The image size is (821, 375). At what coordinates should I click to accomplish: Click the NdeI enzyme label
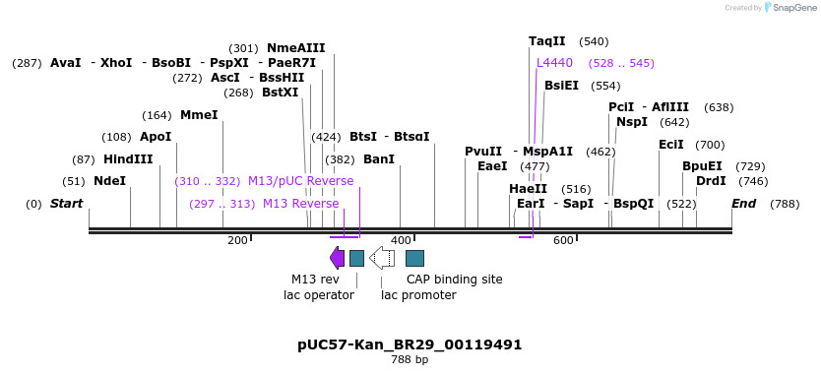point(109,181)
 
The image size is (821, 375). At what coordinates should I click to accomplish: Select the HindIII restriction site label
point(128,159)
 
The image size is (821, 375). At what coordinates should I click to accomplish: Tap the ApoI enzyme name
point(156,137)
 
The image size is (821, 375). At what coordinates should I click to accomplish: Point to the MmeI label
point(199,115)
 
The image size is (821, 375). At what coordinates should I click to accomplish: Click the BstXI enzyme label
point(280,93)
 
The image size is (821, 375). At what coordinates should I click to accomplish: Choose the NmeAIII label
point(295,47)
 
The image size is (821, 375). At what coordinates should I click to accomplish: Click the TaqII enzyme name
point(547,41)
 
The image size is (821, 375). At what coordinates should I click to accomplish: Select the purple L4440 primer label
point(554,63)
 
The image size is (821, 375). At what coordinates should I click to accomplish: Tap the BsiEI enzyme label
point(561,86)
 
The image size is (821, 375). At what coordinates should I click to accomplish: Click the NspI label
point(632,122)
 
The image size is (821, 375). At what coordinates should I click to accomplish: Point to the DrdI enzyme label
point(711,181)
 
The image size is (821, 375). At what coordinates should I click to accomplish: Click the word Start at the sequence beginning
point(67,204)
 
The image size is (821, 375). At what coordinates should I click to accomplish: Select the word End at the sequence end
point(743,204)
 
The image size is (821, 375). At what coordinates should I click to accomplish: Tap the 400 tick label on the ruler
point(401,240)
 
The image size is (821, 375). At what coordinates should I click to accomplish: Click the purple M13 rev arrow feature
point(337,258)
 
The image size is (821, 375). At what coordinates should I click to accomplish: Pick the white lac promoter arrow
point(382,258)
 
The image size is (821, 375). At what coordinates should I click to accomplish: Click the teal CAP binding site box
point(414,258)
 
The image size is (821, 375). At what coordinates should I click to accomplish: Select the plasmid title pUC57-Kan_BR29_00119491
point(410,345)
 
